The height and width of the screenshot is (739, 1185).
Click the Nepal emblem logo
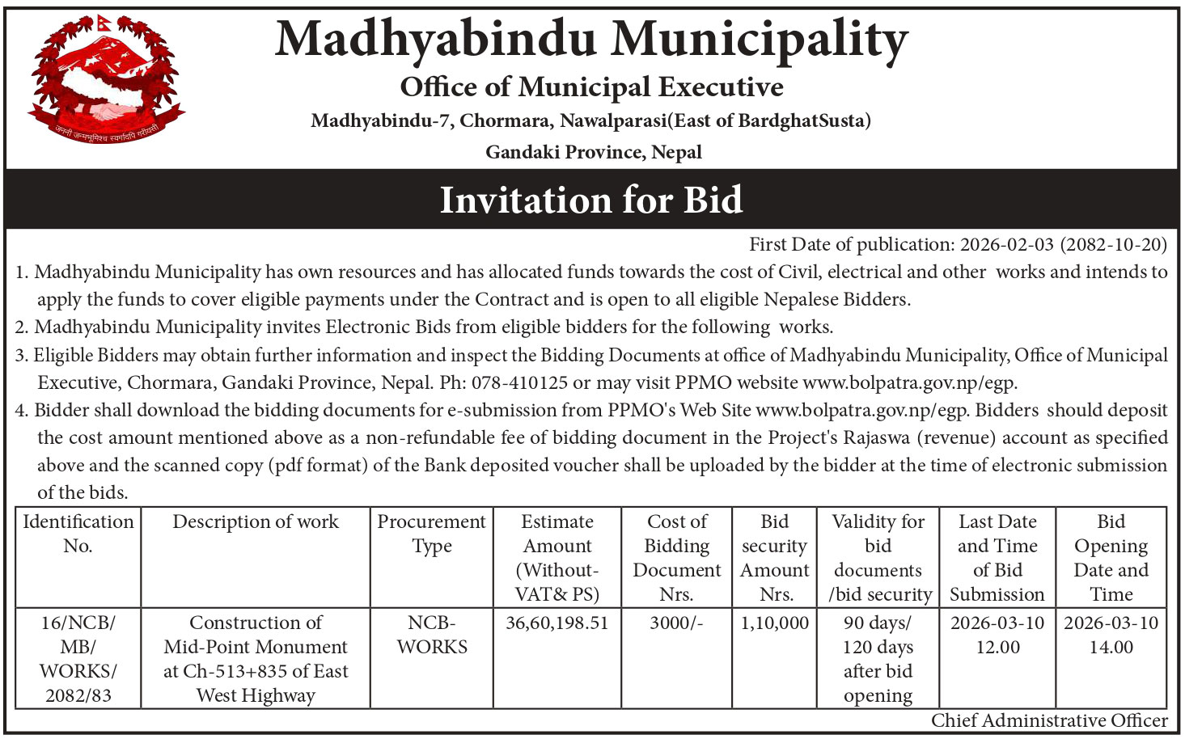103,79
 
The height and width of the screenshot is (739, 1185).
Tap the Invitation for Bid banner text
591,200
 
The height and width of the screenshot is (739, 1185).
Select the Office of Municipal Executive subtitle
591,87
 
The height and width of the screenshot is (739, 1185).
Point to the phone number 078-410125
519,382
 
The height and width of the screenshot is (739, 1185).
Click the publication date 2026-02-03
1006,244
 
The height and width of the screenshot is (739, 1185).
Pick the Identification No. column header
78,534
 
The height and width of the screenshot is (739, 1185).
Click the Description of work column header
256,522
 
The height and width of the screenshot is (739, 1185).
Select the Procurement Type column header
432,534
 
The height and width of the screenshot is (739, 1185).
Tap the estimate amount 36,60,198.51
557,623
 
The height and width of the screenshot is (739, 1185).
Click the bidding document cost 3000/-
676,623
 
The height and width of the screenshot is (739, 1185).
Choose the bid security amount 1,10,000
775,623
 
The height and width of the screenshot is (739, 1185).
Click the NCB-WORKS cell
432,635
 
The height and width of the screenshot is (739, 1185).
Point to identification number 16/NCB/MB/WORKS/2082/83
78,658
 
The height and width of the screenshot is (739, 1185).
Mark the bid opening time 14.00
1111,648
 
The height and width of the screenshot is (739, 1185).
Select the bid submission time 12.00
997,648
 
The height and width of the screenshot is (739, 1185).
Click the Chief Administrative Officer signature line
1049,720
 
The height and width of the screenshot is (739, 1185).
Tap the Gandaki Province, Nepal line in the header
593,152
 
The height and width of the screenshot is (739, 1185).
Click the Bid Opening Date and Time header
1111,558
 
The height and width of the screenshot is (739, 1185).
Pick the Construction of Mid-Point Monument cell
256,658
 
